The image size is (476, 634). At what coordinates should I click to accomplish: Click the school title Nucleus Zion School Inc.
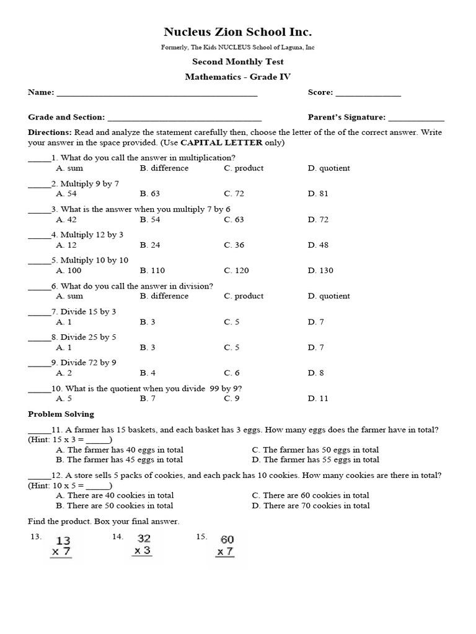(237, 32)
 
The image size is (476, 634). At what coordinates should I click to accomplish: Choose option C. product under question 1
(244, 168)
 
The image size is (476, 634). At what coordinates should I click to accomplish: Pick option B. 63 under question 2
(150, 194)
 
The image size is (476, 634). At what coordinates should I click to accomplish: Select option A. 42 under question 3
(66, 219)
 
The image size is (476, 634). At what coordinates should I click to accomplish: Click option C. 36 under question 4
(234, 245)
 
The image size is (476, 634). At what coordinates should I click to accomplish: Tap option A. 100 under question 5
(68, 271)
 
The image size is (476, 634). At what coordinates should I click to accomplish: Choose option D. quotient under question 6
(328, 296)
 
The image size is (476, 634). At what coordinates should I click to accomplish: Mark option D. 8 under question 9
(315, 373)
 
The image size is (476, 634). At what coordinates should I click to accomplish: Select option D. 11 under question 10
(318, 398)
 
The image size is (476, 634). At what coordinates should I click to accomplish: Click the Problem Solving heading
(61, 414)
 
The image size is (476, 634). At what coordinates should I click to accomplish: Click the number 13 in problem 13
(63, 541)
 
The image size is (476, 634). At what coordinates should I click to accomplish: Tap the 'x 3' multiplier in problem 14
(143, 550)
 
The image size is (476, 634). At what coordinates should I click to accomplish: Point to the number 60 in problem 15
(227, 540)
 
